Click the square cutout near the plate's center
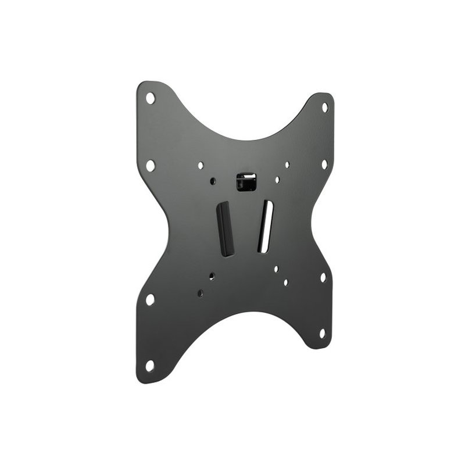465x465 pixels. [x=246, y=181]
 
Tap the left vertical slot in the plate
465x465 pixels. [x=225, y=230]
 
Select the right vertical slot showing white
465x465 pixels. [x=264, y=226]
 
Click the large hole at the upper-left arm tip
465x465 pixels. [x=150, y=98]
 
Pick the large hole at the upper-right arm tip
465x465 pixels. [x=325, y=107]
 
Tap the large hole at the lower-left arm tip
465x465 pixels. [x=150, y=366]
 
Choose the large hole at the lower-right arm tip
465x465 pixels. [x=322, y=333]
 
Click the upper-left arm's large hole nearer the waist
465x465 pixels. [x=150, y=165]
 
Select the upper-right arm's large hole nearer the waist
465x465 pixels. [x=324, y=164]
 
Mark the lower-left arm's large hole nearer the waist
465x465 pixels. [x=150, y=299]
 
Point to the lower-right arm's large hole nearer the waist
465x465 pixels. [x=323, y=277]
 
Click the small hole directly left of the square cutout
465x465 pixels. [x=213, y=181]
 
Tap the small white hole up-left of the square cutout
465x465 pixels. [x=201, y=166]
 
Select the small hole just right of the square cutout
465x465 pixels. [x=277, y=180]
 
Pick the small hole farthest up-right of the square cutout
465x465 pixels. [x=287, y=165]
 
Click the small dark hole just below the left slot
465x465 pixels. [x=212, y=277]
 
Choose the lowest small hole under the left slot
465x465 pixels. [x=200, y=294]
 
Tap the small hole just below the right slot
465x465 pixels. [x=276, y=269]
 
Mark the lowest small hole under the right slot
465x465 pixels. [x=285, y=282]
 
